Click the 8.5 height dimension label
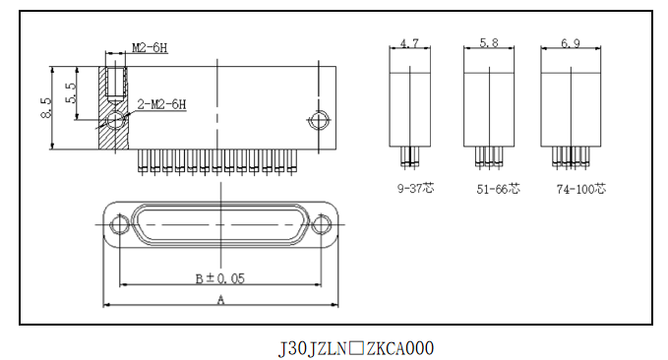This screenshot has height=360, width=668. point(46,108)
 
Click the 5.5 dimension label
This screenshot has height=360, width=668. point(71,92)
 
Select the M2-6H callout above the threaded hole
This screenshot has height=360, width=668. point(150,48)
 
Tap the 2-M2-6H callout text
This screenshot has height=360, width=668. point(162,104)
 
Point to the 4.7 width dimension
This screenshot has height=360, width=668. point(409,43)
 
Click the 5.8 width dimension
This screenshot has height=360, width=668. point(489,42)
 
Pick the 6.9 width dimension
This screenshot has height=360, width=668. point(571,43)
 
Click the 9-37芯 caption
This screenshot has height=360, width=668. point(415,188)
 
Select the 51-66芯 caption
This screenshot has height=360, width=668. point(498,189)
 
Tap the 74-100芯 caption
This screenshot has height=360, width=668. point(580,189)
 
